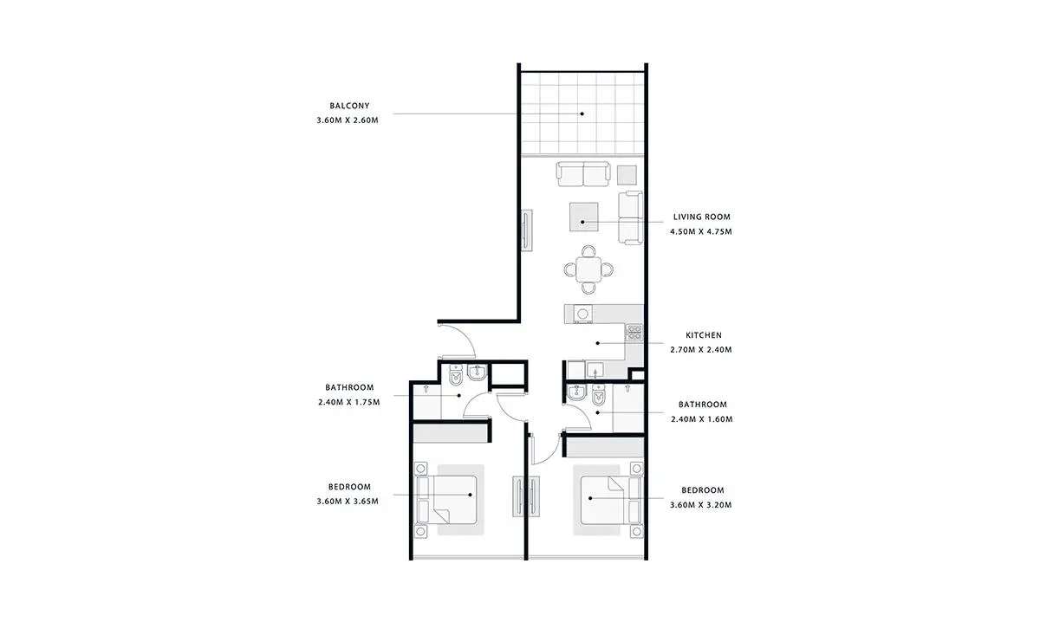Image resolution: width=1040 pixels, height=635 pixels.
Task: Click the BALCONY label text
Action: click(349, 106)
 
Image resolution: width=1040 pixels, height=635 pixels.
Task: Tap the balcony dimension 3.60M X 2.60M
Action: click(348, 120)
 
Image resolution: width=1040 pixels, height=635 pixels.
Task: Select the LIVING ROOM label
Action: click(701, 217)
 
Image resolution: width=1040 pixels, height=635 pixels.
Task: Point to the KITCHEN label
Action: click(704, 335)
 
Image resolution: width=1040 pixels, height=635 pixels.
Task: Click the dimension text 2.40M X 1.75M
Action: click(348, 402)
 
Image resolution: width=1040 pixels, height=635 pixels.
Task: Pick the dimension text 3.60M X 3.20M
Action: click(700, 505)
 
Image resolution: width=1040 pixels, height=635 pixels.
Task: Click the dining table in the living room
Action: click(588, 269)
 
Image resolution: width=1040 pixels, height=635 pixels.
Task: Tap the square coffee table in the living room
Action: click(584, 217)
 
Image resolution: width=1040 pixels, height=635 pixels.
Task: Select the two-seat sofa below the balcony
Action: click(583, 174)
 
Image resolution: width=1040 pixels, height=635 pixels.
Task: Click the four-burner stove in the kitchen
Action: click(634, 333)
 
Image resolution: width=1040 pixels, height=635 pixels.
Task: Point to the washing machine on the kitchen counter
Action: click(582, 314)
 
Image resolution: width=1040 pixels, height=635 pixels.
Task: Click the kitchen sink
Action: click(595, 371)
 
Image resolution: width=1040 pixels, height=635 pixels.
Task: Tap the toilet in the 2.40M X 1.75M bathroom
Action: click(457, 375)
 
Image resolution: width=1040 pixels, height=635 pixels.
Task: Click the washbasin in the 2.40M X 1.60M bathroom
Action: click(577, 392)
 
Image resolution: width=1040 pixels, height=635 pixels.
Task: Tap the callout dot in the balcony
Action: click(582, 113)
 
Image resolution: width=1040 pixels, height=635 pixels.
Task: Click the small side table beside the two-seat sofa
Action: click(627, 175)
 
